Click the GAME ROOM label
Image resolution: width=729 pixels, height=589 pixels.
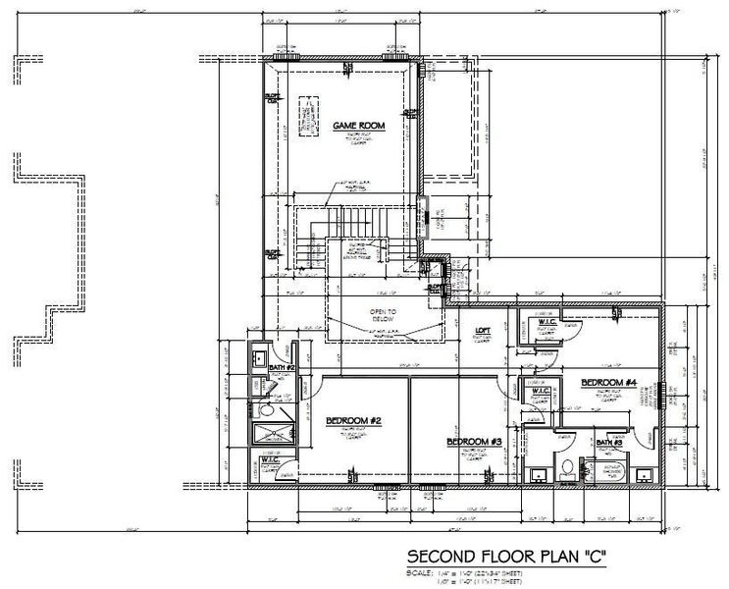(357, 126)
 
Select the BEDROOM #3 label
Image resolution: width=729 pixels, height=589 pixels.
(474, 442)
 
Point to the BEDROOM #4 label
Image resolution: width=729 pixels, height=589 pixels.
(609, 382)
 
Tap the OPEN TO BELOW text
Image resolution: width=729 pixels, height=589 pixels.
(382, 315)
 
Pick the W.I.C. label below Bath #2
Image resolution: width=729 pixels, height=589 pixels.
(271, 458)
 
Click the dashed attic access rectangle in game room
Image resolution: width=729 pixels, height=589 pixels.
(310, 116)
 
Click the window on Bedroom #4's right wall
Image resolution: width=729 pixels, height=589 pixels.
(664, 394)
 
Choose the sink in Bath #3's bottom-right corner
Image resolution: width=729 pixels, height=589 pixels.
(644, 476)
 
